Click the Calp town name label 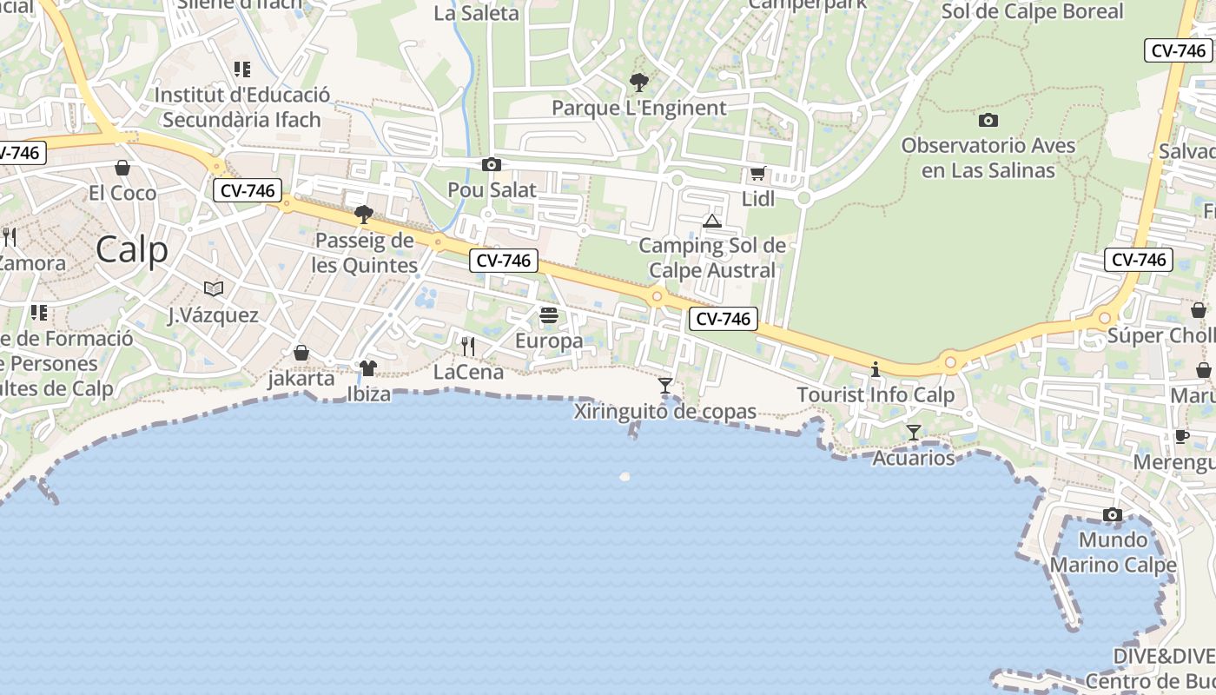(132, 250)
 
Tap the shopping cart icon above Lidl (758, 174)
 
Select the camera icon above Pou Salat (492, 164)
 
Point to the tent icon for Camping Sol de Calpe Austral (712, 221)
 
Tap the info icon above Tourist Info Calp (876, 370)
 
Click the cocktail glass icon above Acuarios (914, 433)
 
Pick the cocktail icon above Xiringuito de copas (665, 385)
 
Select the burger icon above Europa (548, 315)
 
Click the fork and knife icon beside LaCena (468, 347)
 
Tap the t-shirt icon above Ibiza (368, 369)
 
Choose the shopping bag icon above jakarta (301, 353)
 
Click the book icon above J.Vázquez (214, 288)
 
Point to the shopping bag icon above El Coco (122, 168)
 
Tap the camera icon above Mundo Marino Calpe (1113, 515)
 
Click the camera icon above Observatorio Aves (988, 121)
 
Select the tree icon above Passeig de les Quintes (364, 215)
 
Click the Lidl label (758, 199)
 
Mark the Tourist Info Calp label (876, 395)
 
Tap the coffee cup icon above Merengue (1181, 436)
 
